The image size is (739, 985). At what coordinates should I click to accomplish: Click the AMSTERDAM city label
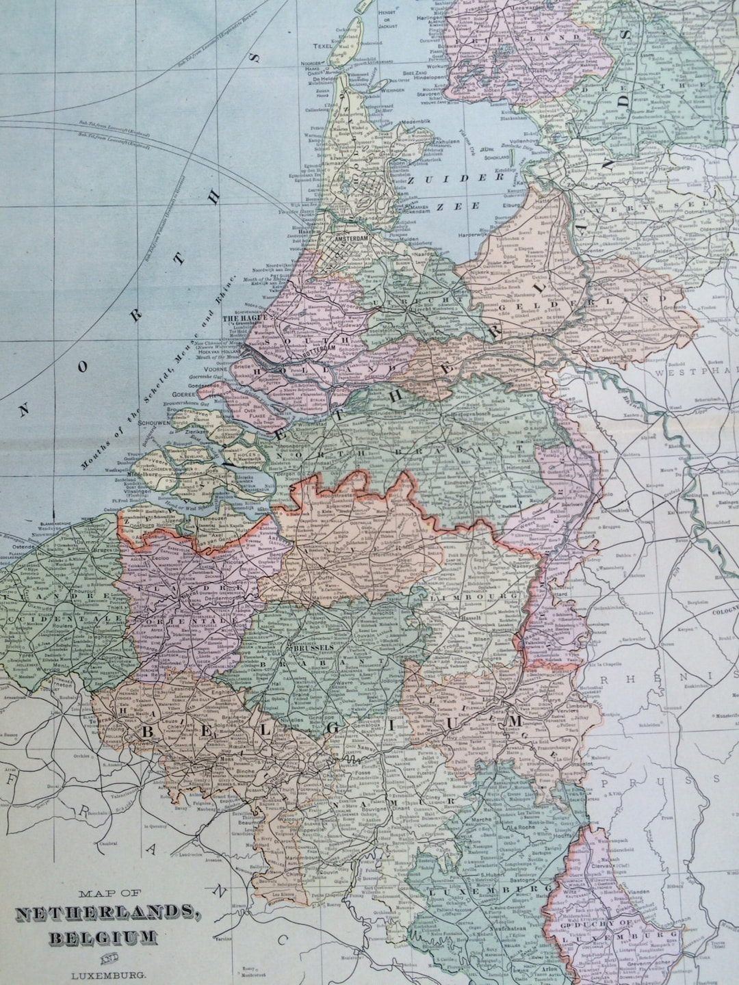point(348,237)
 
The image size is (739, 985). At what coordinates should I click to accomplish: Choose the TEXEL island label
point(321,47)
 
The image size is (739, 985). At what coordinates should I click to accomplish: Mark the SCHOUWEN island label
point(153,423)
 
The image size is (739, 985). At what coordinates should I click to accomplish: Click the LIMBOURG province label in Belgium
point(491,596)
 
